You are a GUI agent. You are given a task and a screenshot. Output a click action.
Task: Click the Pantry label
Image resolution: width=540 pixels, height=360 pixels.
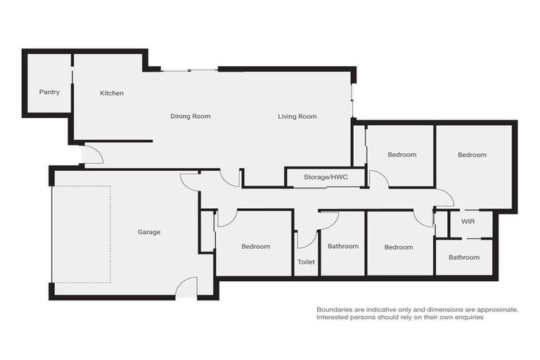(49, 92)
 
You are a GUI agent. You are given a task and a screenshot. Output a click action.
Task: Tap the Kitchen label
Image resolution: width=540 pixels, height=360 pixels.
(112, 93)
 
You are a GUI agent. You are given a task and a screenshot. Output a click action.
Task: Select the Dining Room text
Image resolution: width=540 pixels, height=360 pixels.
(191, 116)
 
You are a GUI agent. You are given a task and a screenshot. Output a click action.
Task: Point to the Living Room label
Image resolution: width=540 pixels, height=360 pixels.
(297, 116)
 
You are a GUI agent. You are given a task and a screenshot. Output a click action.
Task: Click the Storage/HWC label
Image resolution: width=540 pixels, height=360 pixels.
(325, 177)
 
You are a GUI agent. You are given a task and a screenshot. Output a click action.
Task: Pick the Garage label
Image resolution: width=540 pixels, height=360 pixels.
(149, 231)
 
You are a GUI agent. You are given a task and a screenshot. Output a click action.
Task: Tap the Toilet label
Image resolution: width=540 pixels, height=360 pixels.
(306, 262)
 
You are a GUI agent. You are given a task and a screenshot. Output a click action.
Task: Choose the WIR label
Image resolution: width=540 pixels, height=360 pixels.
(469, 221)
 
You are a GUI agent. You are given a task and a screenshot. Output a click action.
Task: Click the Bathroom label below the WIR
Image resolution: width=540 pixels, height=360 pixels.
(464, 257)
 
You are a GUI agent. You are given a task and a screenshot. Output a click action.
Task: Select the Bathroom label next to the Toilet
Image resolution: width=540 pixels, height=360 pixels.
(343, 246)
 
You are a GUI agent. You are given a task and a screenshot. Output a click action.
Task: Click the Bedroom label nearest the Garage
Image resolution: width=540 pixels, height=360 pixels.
(256, 246)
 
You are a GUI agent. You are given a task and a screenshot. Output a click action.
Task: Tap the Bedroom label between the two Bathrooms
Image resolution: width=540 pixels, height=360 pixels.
(399, 247)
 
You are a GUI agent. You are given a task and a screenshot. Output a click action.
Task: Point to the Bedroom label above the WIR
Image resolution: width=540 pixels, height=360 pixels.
(472, 155)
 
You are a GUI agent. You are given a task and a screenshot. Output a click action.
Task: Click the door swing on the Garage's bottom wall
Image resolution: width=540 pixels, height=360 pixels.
(186, 287)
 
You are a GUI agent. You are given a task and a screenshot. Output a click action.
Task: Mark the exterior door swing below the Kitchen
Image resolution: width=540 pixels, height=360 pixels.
(93, 154)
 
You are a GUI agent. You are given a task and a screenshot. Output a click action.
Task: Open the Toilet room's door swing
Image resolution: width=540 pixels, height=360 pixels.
(306, 239)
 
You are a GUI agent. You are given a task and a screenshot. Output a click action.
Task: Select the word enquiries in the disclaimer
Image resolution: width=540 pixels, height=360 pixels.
(465, 317)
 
